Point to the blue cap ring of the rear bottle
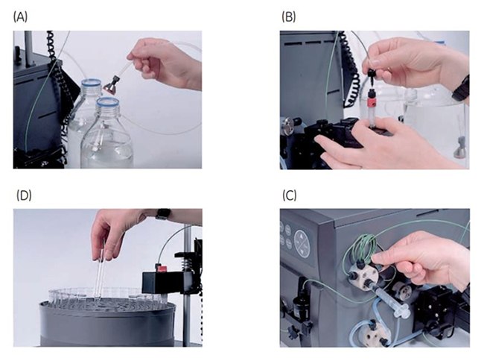(89, 84)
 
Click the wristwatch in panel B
(462, 88)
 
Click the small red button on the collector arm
(157, 266)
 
